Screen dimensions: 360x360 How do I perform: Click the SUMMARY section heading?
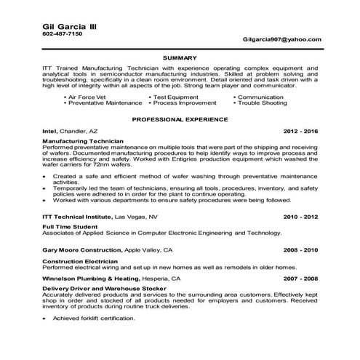[179, 57]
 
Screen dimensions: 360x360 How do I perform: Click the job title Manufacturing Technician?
[82, 140]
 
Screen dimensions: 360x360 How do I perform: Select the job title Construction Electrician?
[81, 260]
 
